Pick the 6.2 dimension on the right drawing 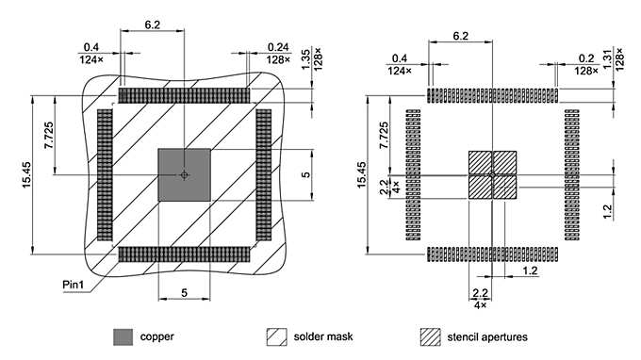coord(461,35)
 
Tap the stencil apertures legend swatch coord(431,336)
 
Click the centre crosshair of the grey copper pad coord(184,175)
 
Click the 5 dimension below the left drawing coord(184,294)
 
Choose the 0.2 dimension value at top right coord(586,57)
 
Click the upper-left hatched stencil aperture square coord(480,163)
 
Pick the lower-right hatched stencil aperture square coord(505,188)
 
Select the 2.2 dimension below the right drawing coord(480,294)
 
